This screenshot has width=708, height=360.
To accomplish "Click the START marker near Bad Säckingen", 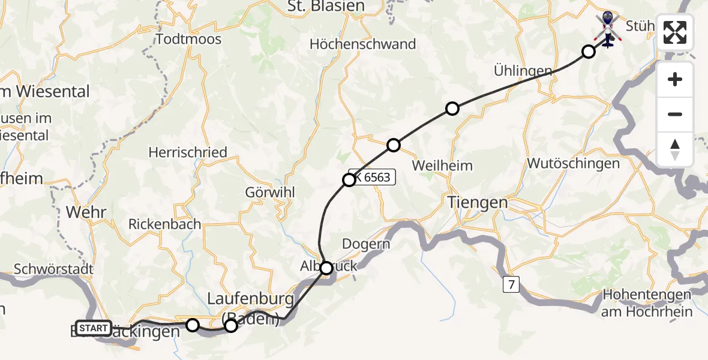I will [94, 328].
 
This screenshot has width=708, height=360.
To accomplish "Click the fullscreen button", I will [675, 32].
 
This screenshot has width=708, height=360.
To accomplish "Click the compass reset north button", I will [675, 149].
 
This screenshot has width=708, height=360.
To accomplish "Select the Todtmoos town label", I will [188, 40].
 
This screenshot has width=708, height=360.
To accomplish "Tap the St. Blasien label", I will [326, 6].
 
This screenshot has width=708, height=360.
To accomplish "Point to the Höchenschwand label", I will [362, 44].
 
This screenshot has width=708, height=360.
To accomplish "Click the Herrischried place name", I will [188, 152].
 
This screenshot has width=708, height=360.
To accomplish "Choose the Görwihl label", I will [268, 193].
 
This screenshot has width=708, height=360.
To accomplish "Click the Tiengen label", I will [478, 203].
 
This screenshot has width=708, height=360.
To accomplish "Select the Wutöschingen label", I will [573, 163].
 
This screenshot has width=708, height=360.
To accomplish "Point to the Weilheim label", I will [443, 166].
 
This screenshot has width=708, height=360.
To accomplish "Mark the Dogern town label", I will [366, 244].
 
